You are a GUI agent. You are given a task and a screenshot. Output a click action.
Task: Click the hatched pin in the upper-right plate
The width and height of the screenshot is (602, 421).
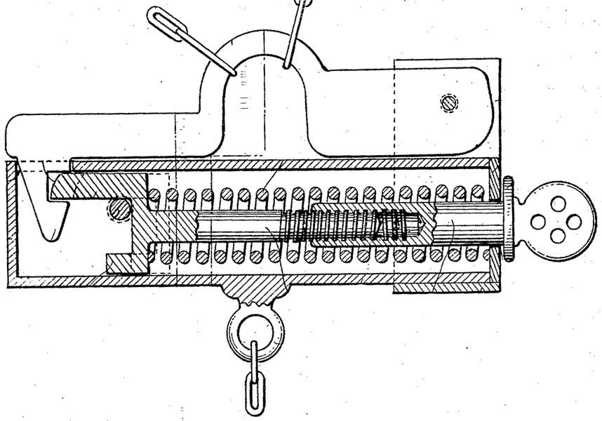pos(448,102)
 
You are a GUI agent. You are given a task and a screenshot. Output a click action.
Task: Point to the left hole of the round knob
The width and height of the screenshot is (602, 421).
pos(538,222)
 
